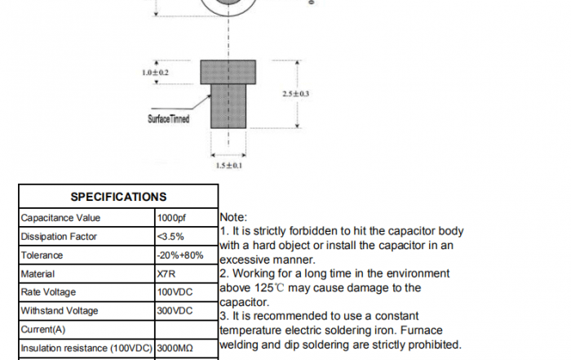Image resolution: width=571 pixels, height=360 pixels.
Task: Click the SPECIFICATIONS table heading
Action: pyautogui.click(x=118, y=197)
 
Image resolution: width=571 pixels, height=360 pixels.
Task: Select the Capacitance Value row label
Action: pyautogui.click(x=60, y=218)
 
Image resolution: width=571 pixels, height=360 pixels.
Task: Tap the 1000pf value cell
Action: pyautogui.click(x=171, y=218)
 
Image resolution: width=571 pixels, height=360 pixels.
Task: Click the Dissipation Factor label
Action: pyautogui.click(x=59, y=237)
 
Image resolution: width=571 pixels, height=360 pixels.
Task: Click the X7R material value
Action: pyautogui.click(x=166, y=274)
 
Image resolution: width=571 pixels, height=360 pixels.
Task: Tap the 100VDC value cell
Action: pyautogui.click(x=175, y=292)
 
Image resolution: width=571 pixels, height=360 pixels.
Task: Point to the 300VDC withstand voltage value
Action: pyautogui.click(x=175, y=311)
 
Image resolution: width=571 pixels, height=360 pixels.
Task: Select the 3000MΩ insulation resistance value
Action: pyautogui.click(x=175, y=348)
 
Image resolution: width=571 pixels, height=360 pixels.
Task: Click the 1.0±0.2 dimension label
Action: pyautogui.click(x=155, y=73)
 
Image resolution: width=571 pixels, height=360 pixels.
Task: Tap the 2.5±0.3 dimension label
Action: pyautogui.click(x=295, y=94)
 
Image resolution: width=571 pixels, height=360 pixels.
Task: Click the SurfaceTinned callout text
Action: pyautogui.click(x=169, y=119)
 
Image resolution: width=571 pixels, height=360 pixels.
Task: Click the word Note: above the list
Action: pyautogui.click(x=232, y=218)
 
